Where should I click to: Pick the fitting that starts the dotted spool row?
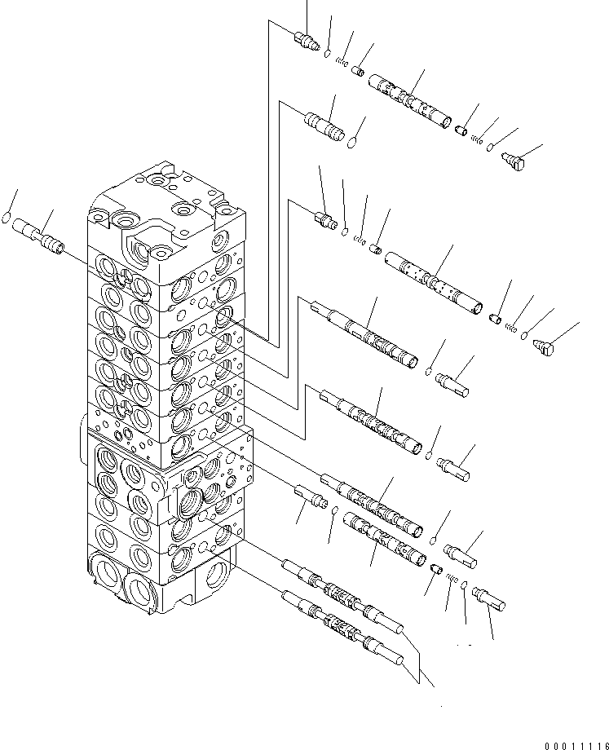coord(324,218)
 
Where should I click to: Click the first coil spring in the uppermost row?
coord(343,64)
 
